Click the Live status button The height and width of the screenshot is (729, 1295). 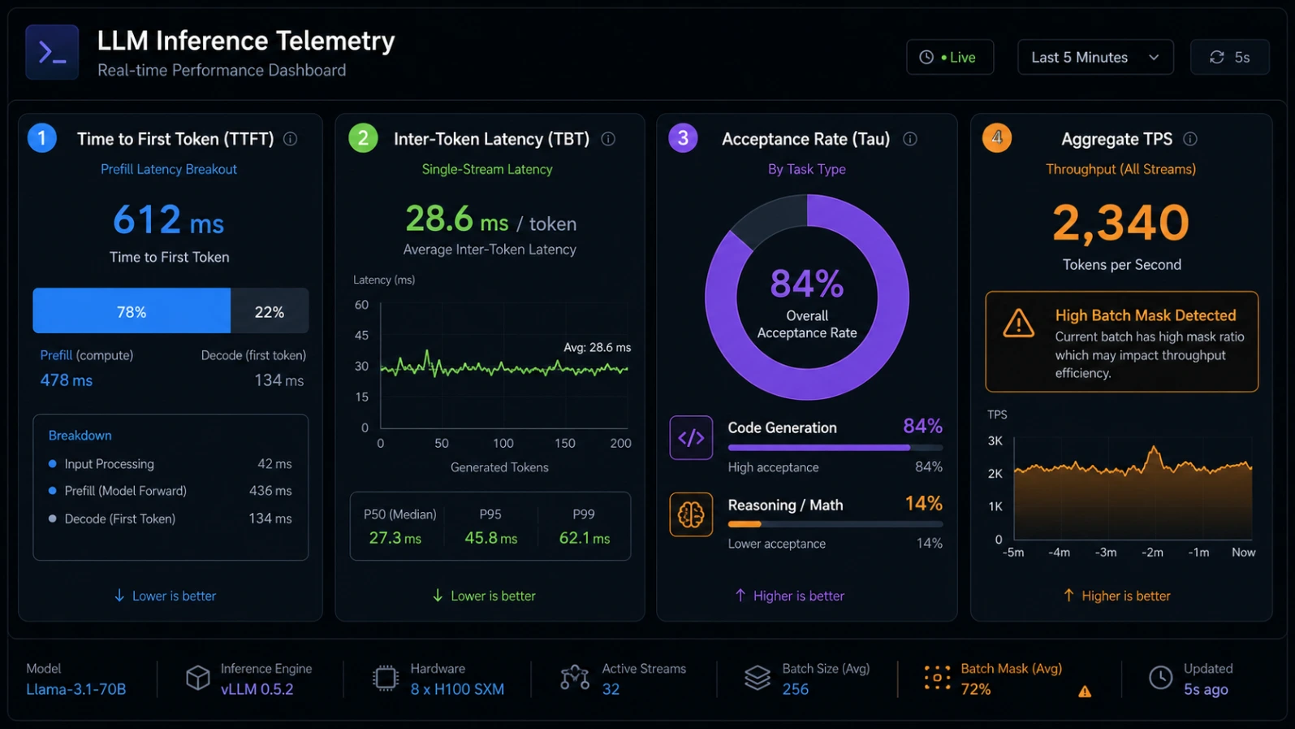950,57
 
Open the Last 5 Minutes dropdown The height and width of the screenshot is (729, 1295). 1095,57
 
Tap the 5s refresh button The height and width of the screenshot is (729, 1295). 1230,57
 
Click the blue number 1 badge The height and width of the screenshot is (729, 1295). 41,138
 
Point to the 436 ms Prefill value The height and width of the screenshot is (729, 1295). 270,491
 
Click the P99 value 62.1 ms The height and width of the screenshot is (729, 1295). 584,538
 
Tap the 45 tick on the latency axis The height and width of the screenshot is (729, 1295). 361,336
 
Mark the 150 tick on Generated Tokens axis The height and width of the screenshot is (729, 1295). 565,443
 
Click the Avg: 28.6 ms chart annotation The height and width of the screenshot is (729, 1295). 598,347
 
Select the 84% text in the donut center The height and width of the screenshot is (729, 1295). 806,284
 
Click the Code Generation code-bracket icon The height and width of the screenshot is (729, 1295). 691,437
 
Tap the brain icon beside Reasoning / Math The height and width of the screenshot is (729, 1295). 691,514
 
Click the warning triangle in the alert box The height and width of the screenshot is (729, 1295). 1018,323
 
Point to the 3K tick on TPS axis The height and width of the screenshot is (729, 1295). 995,440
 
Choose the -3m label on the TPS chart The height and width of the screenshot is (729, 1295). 1105,553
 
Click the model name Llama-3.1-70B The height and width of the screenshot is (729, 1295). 76,689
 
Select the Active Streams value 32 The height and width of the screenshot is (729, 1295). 611,689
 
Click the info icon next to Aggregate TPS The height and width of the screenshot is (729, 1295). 1189,139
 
